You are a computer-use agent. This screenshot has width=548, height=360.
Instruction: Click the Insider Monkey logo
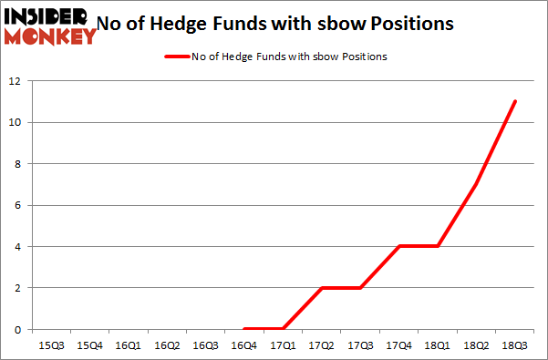pos(50,26)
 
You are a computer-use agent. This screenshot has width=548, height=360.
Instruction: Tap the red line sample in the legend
pos(176,57)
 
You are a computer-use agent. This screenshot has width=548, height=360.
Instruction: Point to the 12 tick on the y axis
pos(15,81)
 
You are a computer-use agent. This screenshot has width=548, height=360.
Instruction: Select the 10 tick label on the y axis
pos(15,122)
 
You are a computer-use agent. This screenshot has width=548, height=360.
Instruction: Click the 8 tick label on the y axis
pos(17,164)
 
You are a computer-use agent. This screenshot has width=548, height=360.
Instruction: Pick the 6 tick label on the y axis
pos(17,205)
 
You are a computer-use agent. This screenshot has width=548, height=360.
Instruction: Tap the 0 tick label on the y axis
pos(17,329)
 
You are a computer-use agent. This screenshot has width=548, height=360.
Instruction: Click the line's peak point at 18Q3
pos(515,101)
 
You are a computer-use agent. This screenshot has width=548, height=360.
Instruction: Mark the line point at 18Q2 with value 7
pos(476,184)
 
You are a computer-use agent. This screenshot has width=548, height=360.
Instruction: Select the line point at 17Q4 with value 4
pos(399,246)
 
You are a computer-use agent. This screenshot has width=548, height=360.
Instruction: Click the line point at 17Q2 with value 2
pos(322,287)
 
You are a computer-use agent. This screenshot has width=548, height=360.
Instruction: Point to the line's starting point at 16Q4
pos(244,329)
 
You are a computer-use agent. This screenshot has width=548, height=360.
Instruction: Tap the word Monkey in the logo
pos(50,36)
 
